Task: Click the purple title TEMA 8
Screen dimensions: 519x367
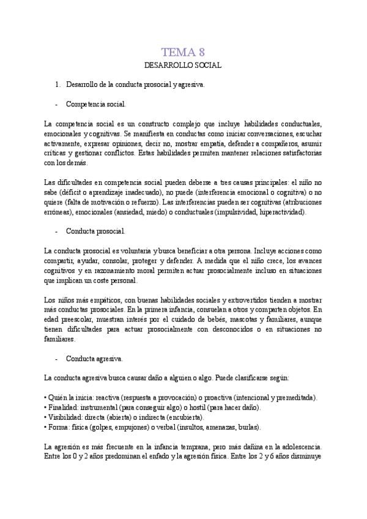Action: (x=183, y=51)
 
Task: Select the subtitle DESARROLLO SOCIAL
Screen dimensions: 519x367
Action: (x=183, y=65)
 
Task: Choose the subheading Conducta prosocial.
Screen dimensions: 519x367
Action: (x=95, y=231)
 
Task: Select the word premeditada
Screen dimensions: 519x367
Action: (x=295, y=398)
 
